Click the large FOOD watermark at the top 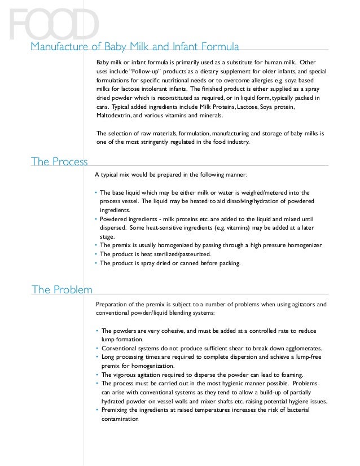(54, 24)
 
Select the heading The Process (59, 162)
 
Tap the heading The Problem (62, 290)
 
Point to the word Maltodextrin (115, 115)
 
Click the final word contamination (119, 419)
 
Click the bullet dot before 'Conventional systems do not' (96, 348)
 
